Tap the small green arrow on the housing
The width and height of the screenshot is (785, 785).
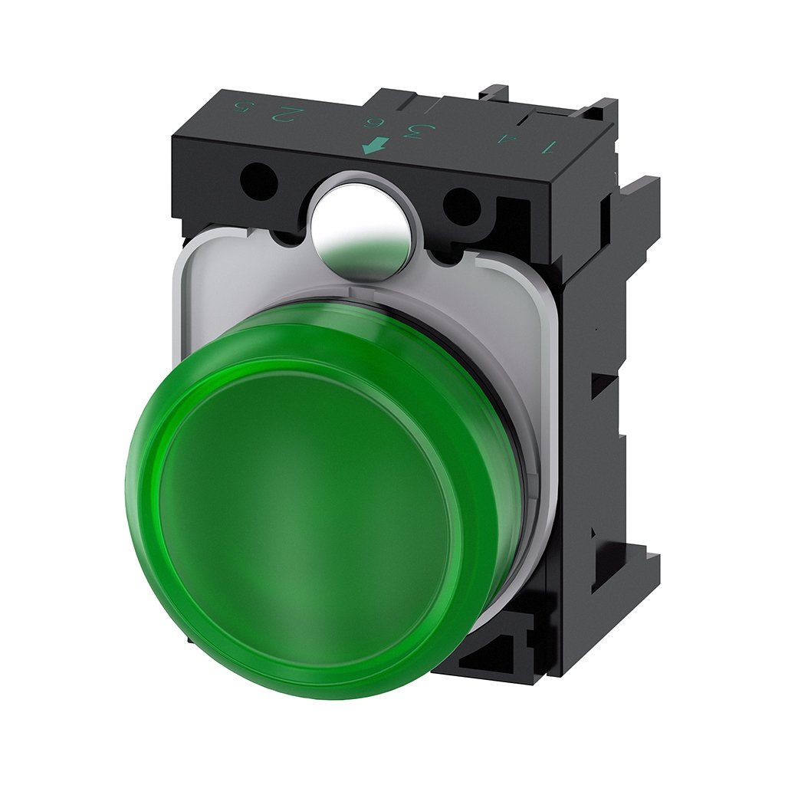[x=373, y=144]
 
